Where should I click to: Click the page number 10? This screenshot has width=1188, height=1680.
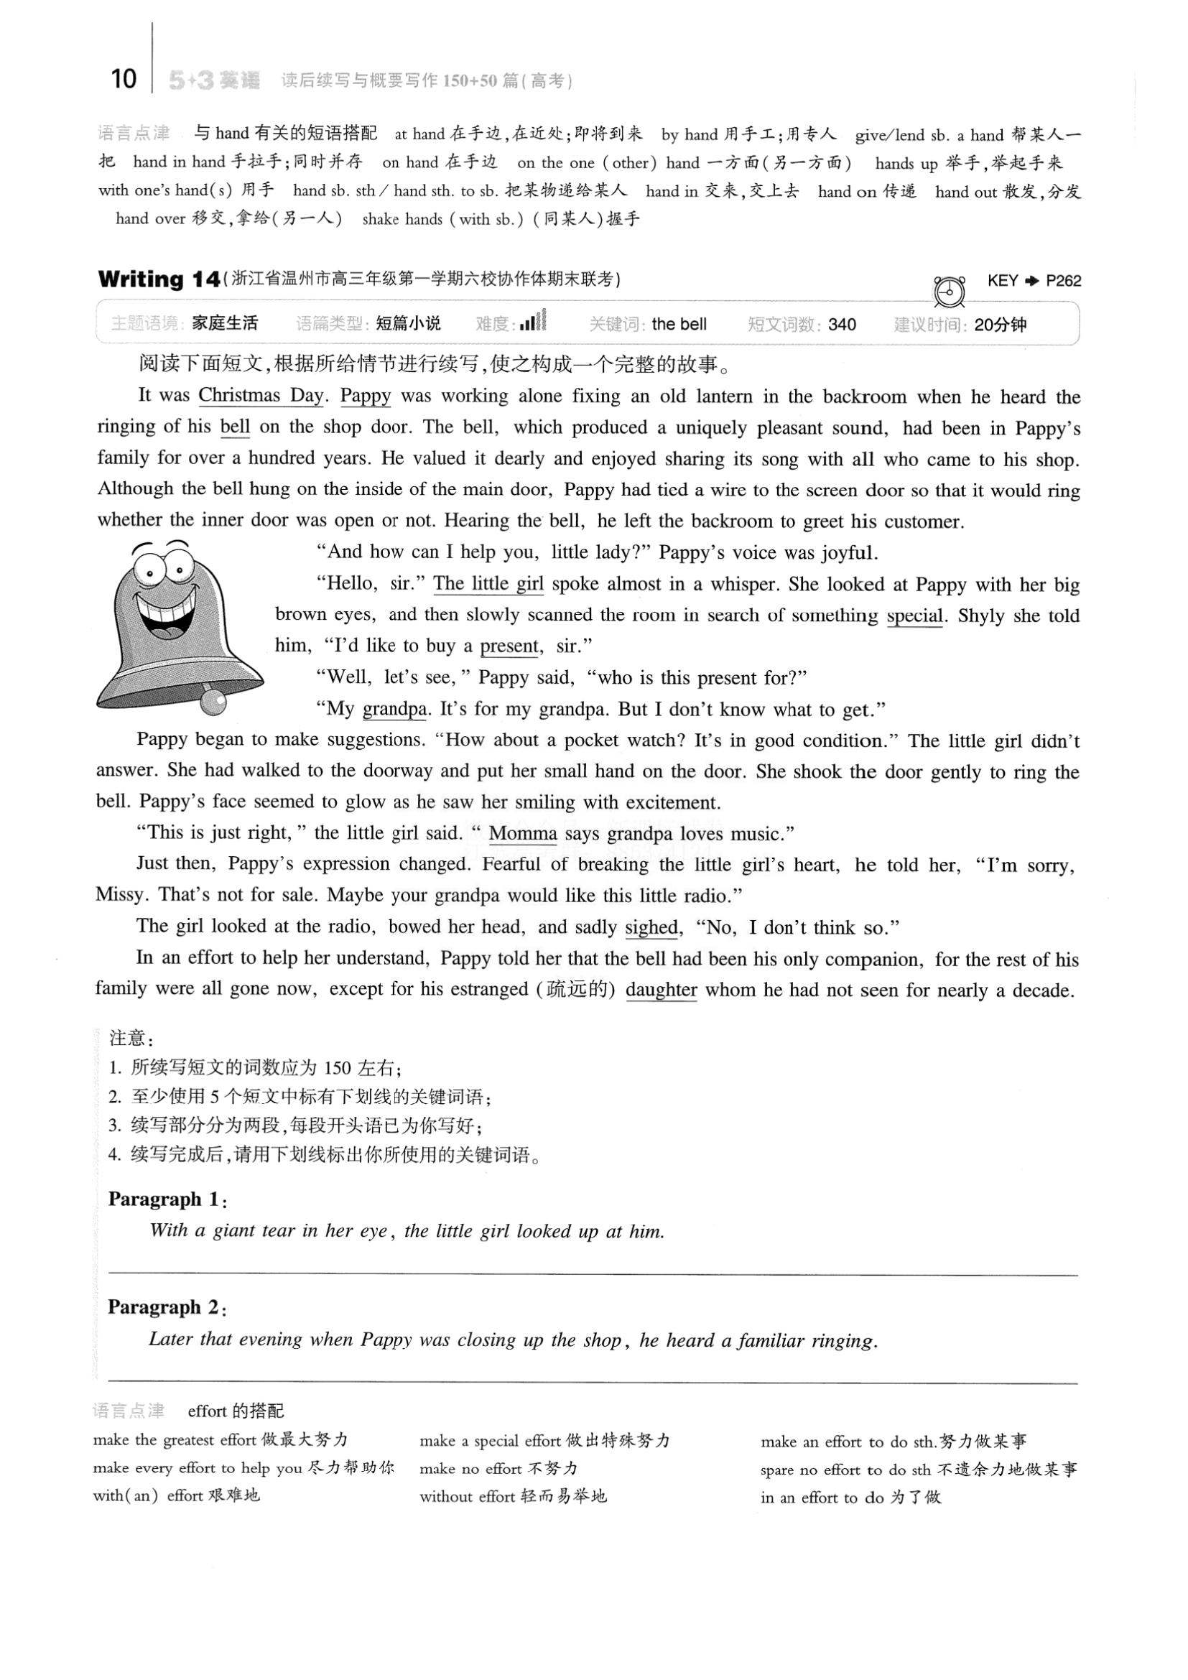coord(124,78)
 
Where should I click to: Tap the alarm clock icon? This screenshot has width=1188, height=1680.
coord(950,291)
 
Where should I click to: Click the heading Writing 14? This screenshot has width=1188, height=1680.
coord(159,279)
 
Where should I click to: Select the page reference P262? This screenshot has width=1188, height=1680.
coord(1063,281)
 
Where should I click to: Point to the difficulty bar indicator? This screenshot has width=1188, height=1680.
coord(533,322)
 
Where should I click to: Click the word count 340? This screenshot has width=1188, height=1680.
coord(842,324)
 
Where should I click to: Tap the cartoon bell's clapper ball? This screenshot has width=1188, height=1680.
coord(213,701)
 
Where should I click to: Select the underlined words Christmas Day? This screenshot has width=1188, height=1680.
coord(261,396)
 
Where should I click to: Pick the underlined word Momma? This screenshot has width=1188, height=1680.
coord(523,833)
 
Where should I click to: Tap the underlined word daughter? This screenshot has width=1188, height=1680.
coord(662,990)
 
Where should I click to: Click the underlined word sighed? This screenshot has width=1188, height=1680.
coord(651,927)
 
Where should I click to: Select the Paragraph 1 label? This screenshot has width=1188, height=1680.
coord(167,1199)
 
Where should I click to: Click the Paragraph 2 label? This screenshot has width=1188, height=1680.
coord(167,1307)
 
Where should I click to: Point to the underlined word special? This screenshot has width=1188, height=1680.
coord(914,616)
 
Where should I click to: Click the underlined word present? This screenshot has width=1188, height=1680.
coord(509,646)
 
